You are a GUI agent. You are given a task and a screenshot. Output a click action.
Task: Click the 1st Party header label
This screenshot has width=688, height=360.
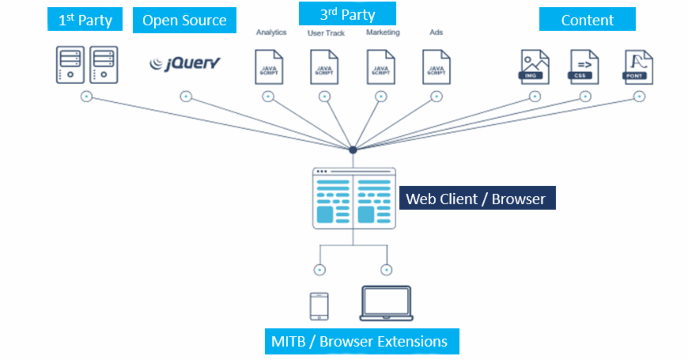click(85, 21)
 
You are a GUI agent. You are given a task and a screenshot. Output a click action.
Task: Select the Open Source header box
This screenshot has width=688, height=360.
click(184, 21)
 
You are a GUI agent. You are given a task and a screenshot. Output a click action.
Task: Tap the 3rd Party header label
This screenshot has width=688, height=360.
click(347, 14)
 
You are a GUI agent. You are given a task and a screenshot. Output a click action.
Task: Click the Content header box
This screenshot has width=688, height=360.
click(587, 21)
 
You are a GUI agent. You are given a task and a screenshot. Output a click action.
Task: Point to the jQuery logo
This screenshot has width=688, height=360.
click(185, 63)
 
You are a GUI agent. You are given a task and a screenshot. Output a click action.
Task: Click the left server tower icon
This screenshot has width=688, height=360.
click(70, 65)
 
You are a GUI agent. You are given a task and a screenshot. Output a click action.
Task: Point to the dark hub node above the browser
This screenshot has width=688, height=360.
click(353, 150)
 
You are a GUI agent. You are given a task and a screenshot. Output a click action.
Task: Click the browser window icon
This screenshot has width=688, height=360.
click(353, 198)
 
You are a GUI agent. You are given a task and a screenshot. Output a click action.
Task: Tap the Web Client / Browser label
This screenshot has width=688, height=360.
click(476, 199)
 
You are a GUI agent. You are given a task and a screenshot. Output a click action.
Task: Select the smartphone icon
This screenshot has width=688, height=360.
click(319, 307)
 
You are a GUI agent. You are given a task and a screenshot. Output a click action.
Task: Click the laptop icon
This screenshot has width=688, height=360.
click(386, 304)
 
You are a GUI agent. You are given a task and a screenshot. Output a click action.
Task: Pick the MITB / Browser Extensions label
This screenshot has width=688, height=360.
click(360, 342)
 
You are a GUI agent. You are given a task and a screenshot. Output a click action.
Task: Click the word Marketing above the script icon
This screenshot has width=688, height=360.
click(383, 32)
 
